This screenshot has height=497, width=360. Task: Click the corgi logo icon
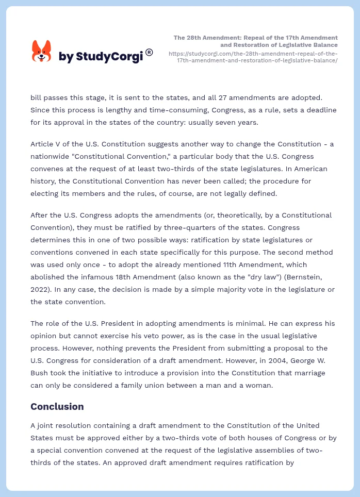point(42,51)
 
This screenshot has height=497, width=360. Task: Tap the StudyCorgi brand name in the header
point(101,56)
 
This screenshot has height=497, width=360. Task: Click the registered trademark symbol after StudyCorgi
point(149,52)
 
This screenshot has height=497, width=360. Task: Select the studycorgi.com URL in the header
point(253,57)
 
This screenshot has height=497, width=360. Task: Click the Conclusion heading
point(57,406)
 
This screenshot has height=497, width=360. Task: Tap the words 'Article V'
point(45,143)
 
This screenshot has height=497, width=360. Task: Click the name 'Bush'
point(39,373)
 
